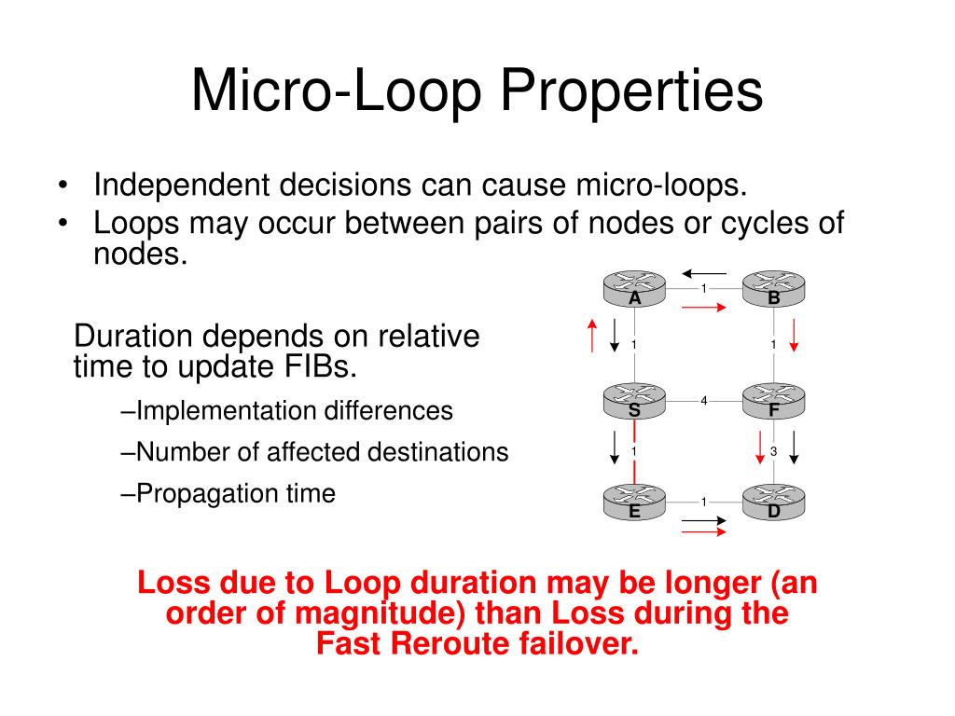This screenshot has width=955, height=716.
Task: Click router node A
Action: point(634,289)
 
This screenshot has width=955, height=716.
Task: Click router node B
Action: point(774,289)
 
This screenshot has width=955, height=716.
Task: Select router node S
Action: point(634,400)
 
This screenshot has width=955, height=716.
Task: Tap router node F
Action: point(774,400)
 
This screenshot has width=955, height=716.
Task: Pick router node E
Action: point(634,502)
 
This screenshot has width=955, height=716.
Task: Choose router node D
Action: point(774,502)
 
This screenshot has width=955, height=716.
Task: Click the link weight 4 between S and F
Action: point(704,401)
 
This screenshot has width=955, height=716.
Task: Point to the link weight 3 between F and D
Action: point(773,451)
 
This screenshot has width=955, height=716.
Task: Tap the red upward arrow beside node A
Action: point(591,336)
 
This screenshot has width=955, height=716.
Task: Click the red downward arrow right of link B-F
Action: point(795,336)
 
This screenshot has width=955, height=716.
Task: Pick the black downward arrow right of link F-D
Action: point(796,448)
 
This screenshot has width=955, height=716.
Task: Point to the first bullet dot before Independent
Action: point(62,185)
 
